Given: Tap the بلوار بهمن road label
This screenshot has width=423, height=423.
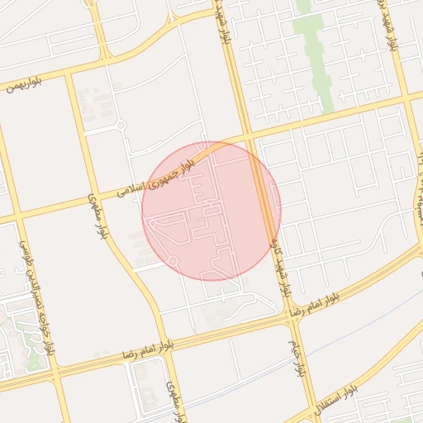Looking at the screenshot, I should pos(22,85).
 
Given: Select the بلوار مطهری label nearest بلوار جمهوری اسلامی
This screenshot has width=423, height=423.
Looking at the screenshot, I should pos(97,216).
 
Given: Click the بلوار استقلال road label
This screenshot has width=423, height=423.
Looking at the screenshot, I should pos(330,402).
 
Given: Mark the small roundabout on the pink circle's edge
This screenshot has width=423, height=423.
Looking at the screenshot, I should pos(172,261).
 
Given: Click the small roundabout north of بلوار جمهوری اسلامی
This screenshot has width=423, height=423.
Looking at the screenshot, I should pos(121,126).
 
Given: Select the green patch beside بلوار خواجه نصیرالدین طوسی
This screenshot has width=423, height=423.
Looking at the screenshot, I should pos(33,359).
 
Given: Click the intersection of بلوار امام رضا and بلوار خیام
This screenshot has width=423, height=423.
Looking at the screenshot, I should pos(290,315).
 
